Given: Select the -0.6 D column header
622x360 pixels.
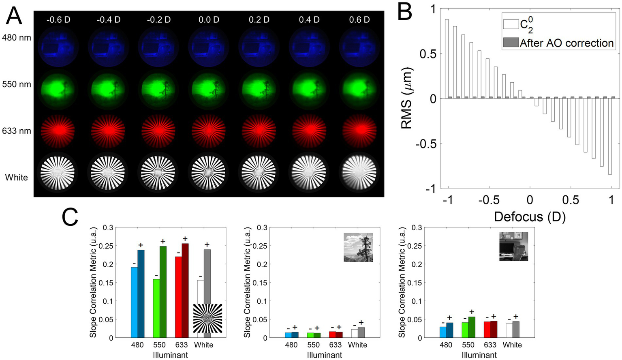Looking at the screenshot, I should [x=59, y=19].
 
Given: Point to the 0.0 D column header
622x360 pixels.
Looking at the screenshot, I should [x=209, y=19].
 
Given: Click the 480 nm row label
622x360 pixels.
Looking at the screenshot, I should [x=17, y=38].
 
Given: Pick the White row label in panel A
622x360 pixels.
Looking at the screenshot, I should [x=17, y=177].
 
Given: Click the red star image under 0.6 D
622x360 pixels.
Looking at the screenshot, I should [x=359, y=131].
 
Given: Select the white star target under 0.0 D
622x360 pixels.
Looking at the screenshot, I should [x=209, y=171].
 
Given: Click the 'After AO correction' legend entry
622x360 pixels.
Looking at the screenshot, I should [x=566, y=43].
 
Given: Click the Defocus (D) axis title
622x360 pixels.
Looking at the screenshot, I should [x=530, y=217].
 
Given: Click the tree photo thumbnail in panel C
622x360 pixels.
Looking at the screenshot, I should [x=358, y=247].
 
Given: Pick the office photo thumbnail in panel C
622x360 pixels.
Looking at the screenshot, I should [x=513, y=246].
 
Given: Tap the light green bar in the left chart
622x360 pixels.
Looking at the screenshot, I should [x=156, y=308].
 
